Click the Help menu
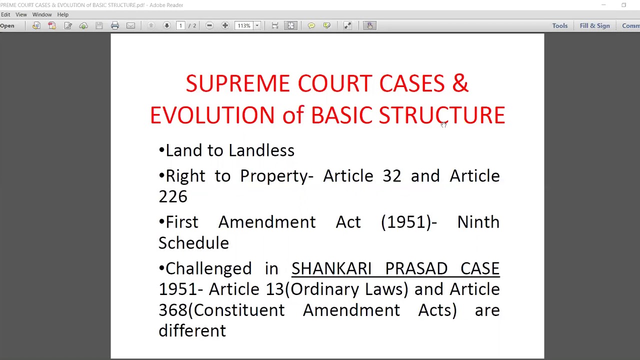[x=62, y=14]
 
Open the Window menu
[x=42, y=14]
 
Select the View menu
[x=21, y=14]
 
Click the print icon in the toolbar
[x=115, y=25]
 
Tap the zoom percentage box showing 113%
[x=244, y=25]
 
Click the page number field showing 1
[x=180, y=25]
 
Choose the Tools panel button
[x=559, y=25]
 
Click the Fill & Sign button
[x=594, y=25]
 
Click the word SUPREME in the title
[x=237, y=83]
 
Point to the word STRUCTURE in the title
[x=441, y=115]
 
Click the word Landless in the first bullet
[x=261, y=150]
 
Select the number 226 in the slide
[x=173, y=196]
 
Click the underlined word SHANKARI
[x=331, y=268]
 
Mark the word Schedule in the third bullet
[x=193, y=243]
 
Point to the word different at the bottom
[x=192, y=331]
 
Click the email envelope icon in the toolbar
[x=130, y=25]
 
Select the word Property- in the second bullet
[x=276, y=176]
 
